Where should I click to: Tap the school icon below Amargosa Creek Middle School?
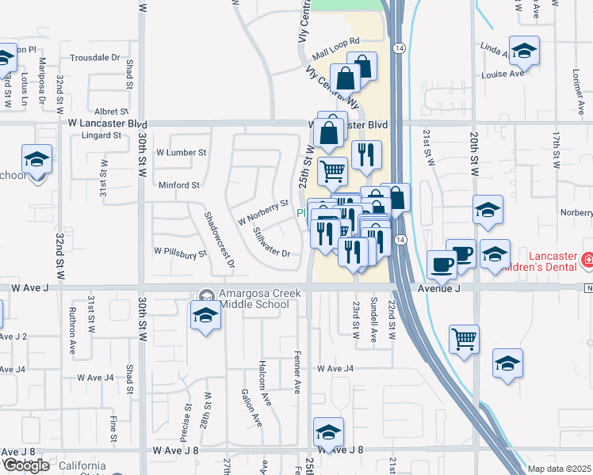coord(205,316)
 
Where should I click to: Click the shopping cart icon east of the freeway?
coord(464,338)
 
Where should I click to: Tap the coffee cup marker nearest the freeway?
coord(442,264)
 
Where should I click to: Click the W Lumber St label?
coord(181,152)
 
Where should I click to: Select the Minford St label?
coord(178,185)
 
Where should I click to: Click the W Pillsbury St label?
coord(180,253)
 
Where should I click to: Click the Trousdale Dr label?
coord(94,58)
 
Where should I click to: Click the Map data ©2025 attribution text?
coord(560,469)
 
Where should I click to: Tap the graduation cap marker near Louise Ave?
coord(523,51)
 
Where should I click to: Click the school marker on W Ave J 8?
coord(328,431)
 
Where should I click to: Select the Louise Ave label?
coord(503,74)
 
